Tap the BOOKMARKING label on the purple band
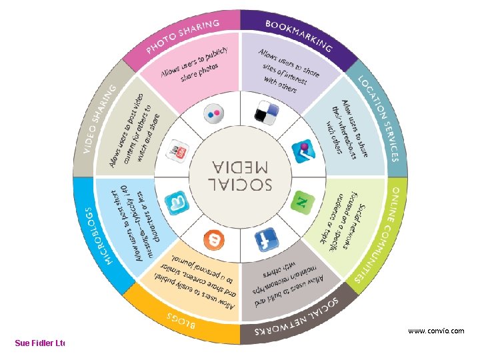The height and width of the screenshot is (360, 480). [x=298, y=36]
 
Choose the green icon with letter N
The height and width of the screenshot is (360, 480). [x=301, y=200]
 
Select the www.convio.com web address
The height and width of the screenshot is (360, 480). [x=436, y=330]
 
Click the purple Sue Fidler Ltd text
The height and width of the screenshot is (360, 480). [x=40, y=343]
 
